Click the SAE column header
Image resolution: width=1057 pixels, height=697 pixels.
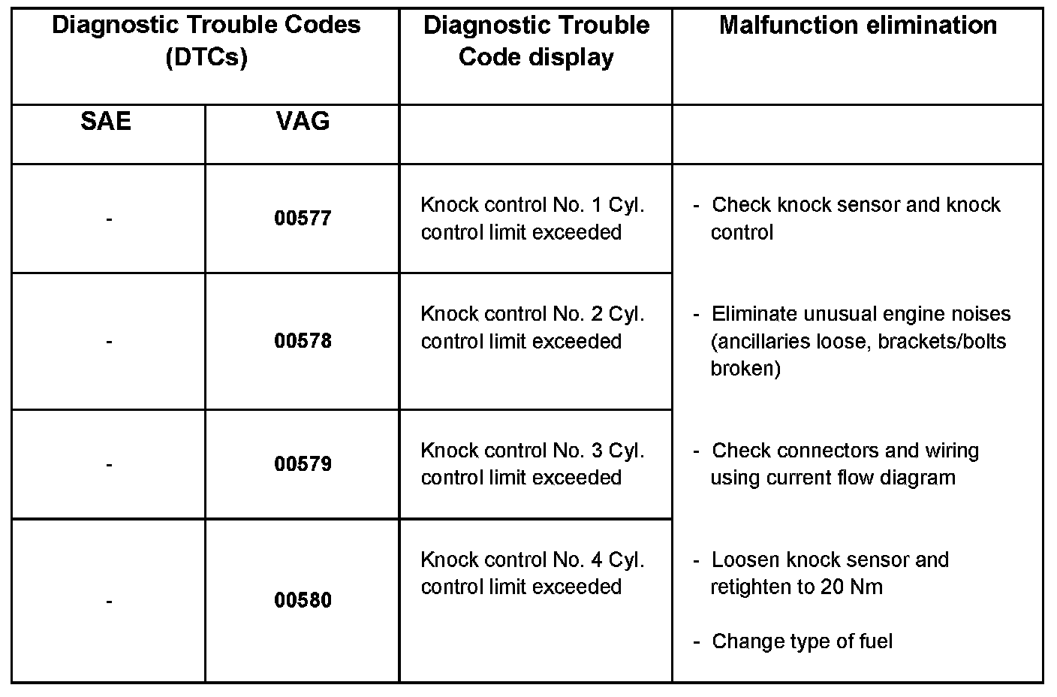click(x=106, y=122)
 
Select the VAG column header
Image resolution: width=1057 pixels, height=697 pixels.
click(x=303, y=122)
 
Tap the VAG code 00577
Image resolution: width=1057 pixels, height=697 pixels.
click(x=303, y=219)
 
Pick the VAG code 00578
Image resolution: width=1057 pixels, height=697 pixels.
click(x=303, y=341)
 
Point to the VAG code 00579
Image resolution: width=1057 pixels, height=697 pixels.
click(x=303, y=464)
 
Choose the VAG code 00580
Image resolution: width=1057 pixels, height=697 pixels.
click(x=303, y=600)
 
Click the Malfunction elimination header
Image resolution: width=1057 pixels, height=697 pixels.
click(x=857, y=26)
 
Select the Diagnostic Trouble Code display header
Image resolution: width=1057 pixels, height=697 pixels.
click(x=536, y=41)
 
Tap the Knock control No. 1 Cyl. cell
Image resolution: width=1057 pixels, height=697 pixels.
click(x=532, y=219)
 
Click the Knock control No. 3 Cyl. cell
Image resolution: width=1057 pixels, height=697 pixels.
click(x=532, y=464)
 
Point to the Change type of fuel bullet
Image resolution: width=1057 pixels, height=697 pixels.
click(x=801, y=641)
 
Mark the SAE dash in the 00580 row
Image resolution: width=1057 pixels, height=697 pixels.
click(x=110, y=601)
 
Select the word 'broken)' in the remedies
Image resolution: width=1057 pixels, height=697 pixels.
click(x=745, y=369)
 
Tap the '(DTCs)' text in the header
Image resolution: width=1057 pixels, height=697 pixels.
click(x=206, y=57)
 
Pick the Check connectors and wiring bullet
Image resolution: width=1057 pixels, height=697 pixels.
click(x=845, y=464)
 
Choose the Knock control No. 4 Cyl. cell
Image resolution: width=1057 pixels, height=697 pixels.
click(x=532, y=573)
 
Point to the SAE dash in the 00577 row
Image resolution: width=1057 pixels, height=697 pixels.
click(x=110, y=219)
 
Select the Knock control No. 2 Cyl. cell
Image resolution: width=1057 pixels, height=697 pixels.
click(x=532, y=327)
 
